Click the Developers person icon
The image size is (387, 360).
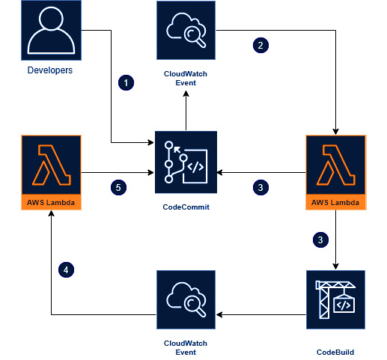click(x=51, y=30)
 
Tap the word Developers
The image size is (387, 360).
click(x=50, y=70)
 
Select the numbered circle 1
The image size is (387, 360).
click(x=126, y=82)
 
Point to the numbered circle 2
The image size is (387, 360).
click(x=260, y=45)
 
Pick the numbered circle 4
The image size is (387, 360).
click(x=66, y=269)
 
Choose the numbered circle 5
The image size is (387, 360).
click(x=118, y=187)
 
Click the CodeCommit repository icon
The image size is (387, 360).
click(x=186, y=162)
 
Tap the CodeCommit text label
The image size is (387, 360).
click(x=186, y=207)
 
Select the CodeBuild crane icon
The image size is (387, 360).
click(x=335, y=299)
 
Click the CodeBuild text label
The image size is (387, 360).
click(x=335, y=352)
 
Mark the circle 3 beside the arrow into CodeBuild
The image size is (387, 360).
click(x=320, y=240)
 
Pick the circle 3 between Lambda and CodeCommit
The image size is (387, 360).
click(x=260, y=187)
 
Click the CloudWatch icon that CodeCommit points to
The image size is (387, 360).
click(x=186, y=30)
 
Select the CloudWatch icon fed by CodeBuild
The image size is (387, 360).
click(x=186, y=299)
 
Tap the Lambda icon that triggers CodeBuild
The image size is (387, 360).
click(x=336, y=172)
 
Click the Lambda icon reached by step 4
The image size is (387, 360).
click(x=51, y=172)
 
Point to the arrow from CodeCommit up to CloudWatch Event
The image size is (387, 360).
click(x=186, y=111)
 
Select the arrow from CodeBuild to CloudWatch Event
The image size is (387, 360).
click(x=261, y=314)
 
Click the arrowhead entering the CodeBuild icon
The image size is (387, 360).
click(x=335, y=266)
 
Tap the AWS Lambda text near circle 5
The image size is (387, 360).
click(x=51, y=202)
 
